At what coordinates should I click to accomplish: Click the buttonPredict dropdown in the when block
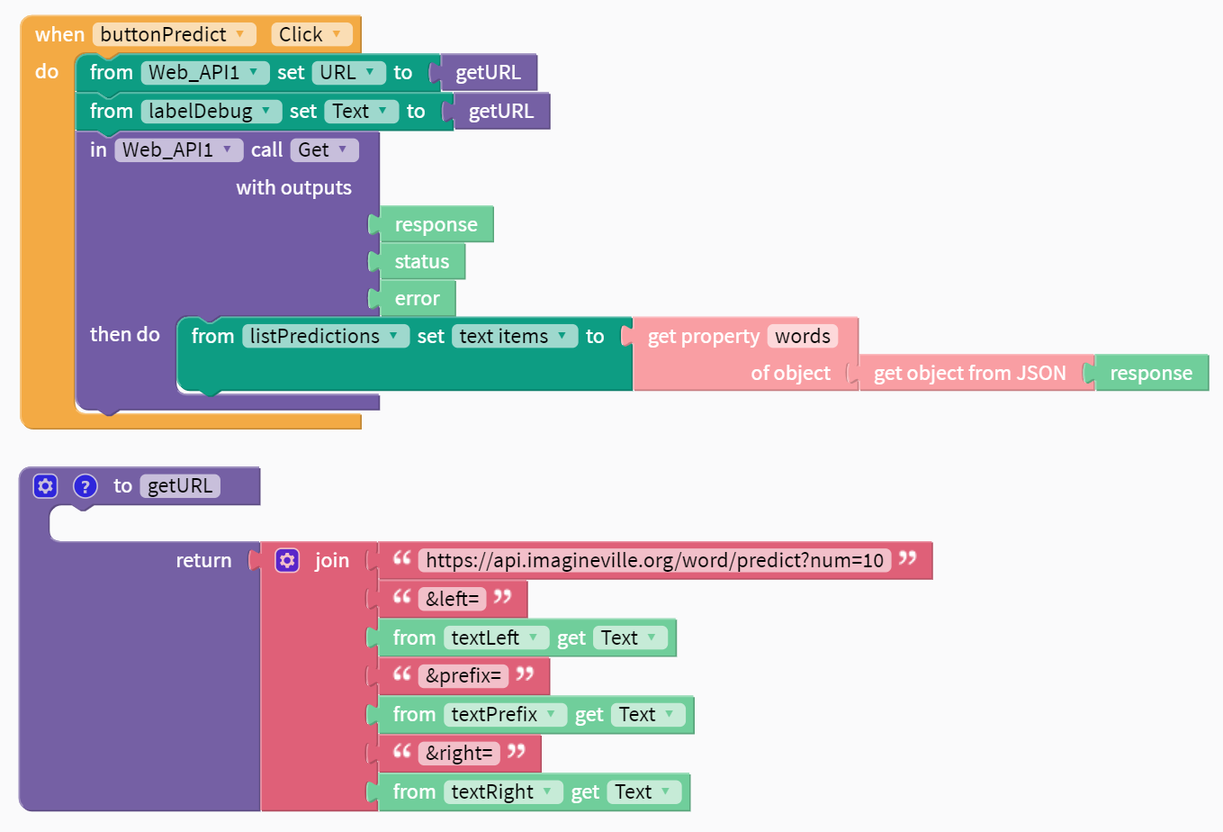(174, 34)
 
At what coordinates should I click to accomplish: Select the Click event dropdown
(311, 34)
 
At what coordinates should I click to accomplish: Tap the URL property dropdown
(348, 73)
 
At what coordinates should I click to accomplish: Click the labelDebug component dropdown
(211, 112)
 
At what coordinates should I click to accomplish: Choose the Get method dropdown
(324, 149)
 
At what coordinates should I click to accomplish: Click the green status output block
(421, 261)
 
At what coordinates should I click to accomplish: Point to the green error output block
(418, 298)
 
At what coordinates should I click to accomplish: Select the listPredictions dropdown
(326, 336)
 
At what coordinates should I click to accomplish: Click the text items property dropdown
(515, 336)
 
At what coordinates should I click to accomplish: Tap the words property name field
(802, 336)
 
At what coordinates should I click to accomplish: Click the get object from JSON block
(969, 373)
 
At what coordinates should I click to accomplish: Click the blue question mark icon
(85, 486)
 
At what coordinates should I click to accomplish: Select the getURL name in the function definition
(180, 486)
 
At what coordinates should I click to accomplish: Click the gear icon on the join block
(287, 560)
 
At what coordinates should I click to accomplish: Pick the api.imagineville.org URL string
(654, 560)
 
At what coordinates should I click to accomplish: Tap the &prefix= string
(463, 676)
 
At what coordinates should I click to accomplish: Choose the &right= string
(459, 754)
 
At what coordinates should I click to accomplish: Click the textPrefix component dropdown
(505, 715)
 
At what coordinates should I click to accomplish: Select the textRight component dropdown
(503, 792)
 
